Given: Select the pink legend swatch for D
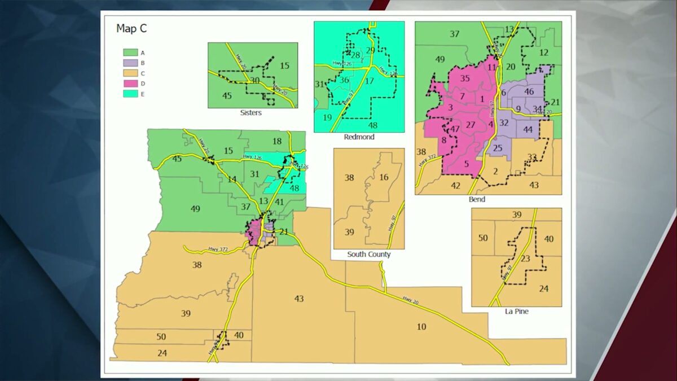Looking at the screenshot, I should [128, 84].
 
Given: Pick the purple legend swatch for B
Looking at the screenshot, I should [128, 63].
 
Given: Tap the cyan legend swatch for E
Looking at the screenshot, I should [128, 94].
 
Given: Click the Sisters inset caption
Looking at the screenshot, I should [250, 113].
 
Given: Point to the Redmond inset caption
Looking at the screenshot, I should [359, 137].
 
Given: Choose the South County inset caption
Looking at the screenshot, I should [368, 255].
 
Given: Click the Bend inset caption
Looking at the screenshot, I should [477, 199].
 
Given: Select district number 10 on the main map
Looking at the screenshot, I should [421, 327].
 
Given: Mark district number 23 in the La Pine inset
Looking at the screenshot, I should [525, 259].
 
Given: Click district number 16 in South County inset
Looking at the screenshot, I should [384, 177].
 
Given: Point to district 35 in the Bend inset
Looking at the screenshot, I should [465, 78].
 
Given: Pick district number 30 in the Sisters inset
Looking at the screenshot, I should [255, 81].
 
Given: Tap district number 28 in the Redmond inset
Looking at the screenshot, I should [355, 55].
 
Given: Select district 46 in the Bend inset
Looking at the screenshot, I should [529, 91].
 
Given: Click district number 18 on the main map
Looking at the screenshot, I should [277, 141].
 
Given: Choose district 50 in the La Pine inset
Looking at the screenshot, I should [483, 238].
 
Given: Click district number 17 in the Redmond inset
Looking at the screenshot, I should [370, 81].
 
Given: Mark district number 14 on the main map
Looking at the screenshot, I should [231, 179].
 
